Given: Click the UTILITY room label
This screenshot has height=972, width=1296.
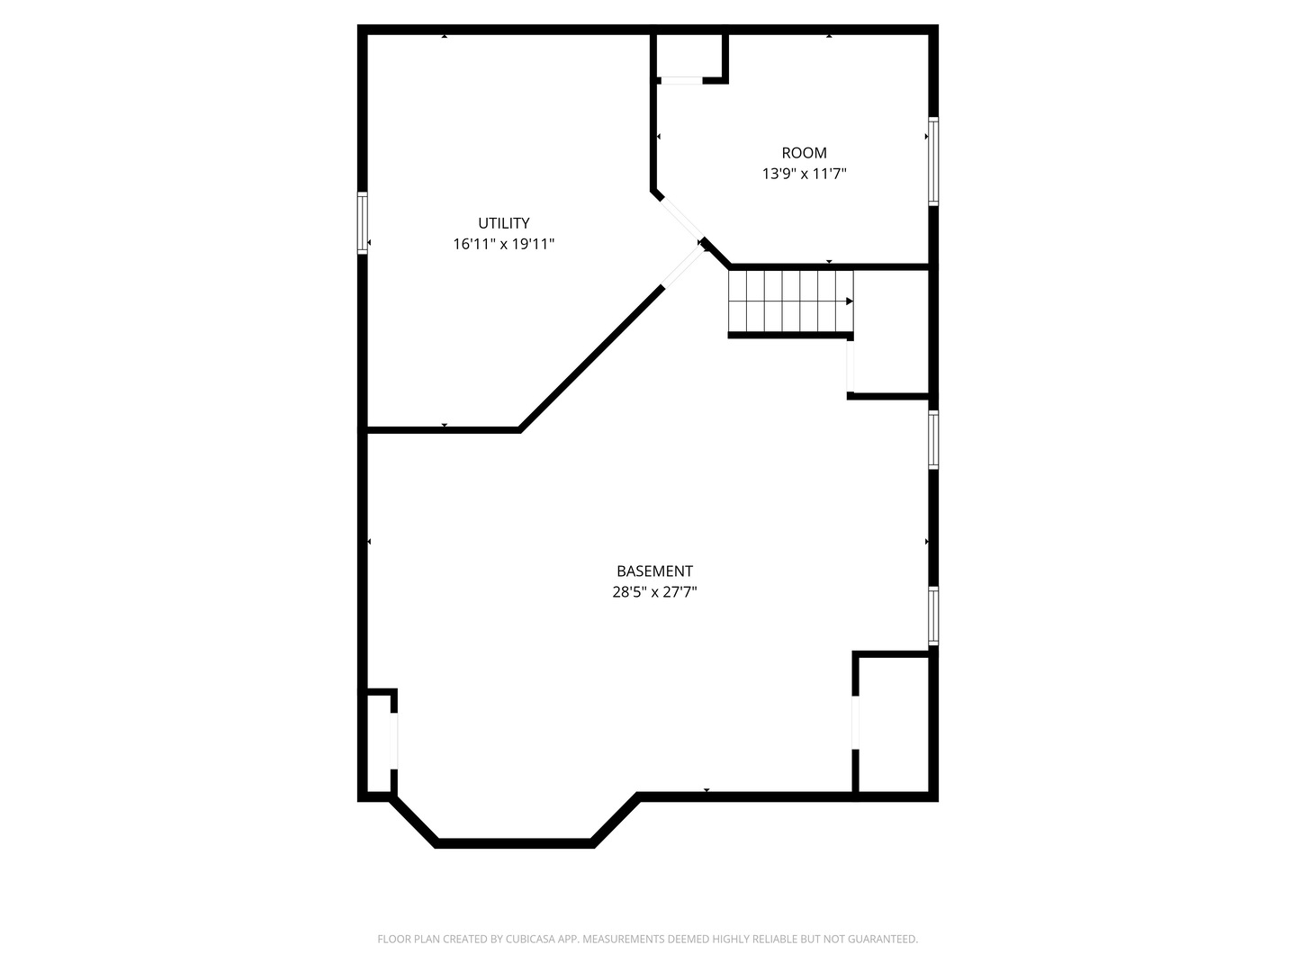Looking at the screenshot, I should pyautogui.click(x=503, y=223).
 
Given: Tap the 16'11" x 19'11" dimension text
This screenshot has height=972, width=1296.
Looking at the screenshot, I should pyautogui.click(x=503, y=244).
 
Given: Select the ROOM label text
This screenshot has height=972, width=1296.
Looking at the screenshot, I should pyautogui.click(x=804, y=153).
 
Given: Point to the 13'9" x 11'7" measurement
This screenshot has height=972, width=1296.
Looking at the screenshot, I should pyautogui.click(x=804, y=174).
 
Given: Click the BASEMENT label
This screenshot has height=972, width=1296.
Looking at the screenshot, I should pyautogui.click(x=654, y=571).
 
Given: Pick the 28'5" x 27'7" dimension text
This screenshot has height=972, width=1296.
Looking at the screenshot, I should pyautogui.click(x=654, y=592).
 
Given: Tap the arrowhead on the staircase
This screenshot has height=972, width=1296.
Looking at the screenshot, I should pyautogui.click(x=849, y=301).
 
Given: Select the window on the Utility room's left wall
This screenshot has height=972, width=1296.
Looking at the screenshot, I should pyautogui.click(x=363, y=222).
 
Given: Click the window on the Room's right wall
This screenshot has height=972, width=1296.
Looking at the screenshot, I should pyautogui.click(x=933, y=162).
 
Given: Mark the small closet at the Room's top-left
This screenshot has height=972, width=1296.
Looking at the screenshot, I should pyautogui.click(x=690, y=56).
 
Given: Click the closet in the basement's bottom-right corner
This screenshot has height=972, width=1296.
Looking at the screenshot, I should pyautogui.click(x=893, y=724).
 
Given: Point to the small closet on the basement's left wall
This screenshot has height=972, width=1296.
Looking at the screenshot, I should pyautogui.click(x=379, y=743).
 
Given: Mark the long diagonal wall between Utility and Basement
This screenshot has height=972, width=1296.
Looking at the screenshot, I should pyautogui.click(x=591, y=359).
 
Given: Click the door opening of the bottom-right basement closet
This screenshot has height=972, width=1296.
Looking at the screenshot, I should pyautogui.click(x=856, y=724).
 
